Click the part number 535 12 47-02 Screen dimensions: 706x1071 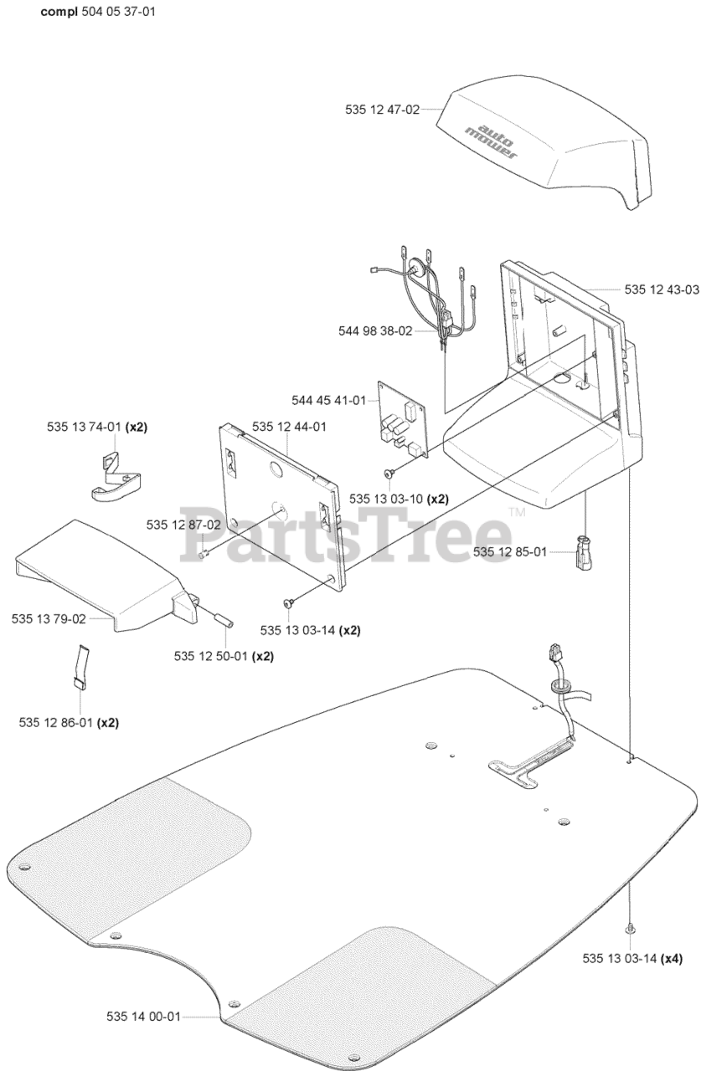(x=381, y=109)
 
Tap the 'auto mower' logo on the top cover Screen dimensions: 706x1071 (x=492, y=135)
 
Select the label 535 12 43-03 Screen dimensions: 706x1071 (x=662, y=290)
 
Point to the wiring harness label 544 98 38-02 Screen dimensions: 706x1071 (x=375, y=331)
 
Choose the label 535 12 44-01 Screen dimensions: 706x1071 (x=289, y=426)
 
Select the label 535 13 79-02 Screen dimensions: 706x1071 (x=49, y=618)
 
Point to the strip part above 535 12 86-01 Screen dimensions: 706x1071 (x=80, y=666)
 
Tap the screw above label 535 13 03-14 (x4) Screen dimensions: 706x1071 (x=629, y=929)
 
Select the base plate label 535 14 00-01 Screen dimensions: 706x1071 (x=143, y=1017)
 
